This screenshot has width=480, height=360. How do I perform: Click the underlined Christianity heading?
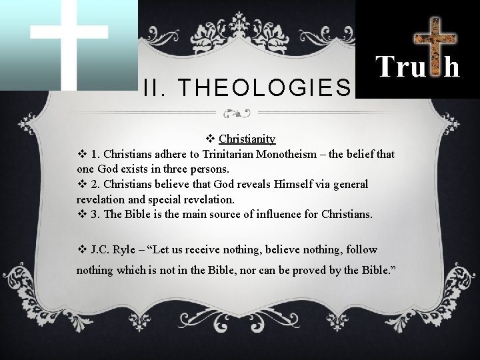(247, 139)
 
